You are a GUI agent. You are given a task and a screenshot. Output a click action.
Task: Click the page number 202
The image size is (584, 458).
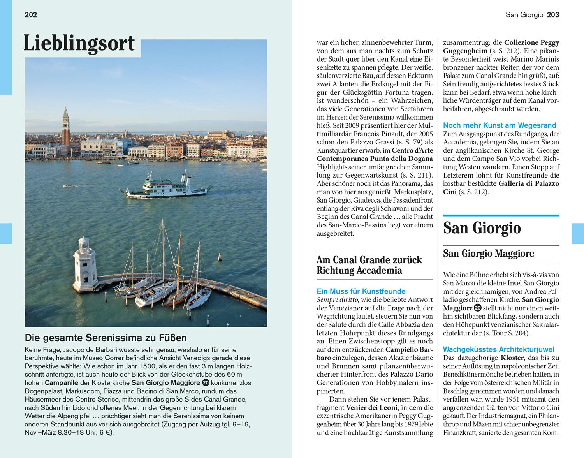pyautogui.click(x=31, y=15)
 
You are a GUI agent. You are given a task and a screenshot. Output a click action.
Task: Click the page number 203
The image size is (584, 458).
pyautogui.click(x=553, y=15)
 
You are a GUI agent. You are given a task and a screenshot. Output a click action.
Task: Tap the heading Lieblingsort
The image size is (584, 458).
pyautogui.click(x=79, y=43)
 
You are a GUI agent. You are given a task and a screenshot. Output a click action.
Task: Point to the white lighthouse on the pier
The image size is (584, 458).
pyautogui.click(x=83, y=264)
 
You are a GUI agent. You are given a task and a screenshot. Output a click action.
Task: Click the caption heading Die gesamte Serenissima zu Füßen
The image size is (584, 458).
pyautogui.click(x=106, y=338)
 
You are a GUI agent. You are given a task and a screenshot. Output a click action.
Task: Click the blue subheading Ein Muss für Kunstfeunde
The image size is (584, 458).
pyautogui.click(x=361, y=291)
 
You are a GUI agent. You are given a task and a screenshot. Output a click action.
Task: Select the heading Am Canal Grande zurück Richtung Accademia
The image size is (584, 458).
pyautogui.click(x=369, y=265)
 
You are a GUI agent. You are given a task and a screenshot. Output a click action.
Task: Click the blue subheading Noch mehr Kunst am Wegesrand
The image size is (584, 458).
pyautogui.click(x=500, y=125)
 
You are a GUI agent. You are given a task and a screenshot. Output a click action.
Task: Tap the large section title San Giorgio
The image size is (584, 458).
pyautogui.click(x=482, y=228)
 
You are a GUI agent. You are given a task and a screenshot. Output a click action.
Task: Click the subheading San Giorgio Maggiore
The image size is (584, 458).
pyautogui.click(x=489, y=254)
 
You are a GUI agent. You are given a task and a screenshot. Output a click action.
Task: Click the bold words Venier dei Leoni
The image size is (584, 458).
pyautogui.click(x=373, y=408)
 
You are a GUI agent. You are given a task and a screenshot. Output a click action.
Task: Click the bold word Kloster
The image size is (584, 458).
pyautogui.click(x=512, y=358)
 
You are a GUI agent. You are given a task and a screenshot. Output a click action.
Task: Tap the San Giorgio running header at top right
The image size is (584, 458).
pyautogui.click(x=524, y=15)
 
